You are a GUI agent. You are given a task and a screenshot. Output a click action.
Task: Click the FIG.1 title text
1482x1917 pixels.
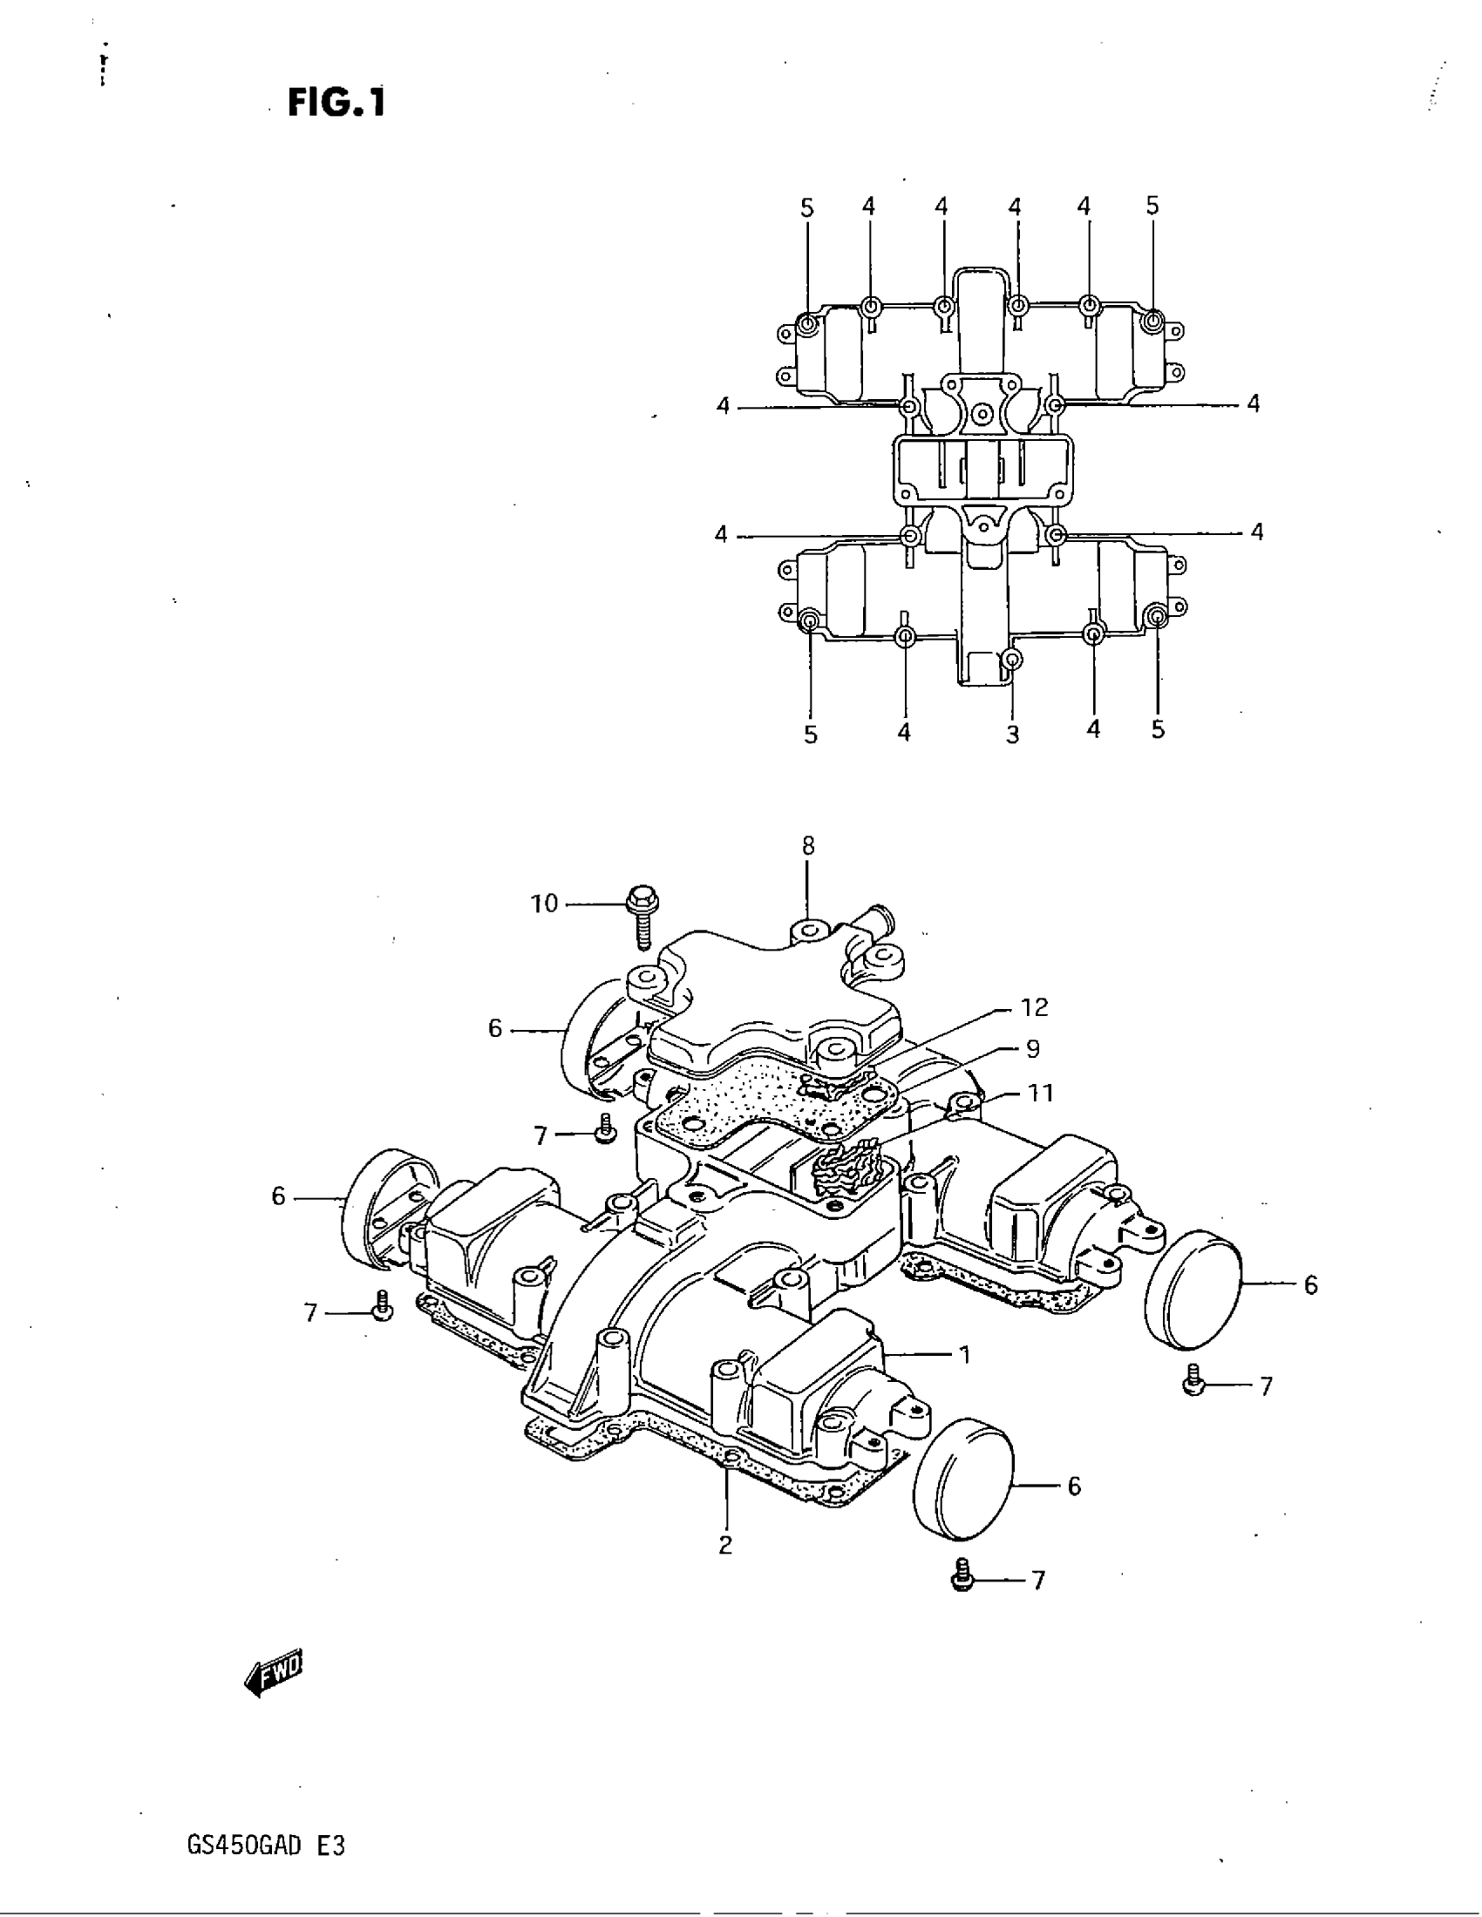pyautogui.click(x=337, y=104)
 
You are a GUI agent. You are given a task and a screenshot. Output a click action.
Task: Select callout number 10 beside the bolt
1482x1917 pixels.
pyautogui.click(x=544, y=904)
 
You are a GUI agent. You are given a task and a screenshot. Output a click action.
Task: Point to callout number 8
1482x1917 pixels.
pyautogui.click(x=808, y=846)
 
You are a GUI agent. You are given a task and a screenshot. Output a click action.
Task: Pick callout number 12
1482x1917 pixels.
pyautogui.click(x=1035, y=1006)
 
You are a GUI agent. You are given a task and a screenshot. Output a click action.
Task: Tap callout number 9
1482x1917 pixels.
pyautogui.click(x=1032, y=1048)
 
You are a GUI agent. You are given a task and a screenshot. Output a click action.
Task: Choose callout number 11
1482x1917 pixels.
pyautogui.click(x=1040, y=1093)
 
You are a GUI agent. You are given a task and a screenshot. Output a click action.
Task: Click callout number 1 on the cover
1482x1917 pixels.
pyautogui.click(x=964, y=1355)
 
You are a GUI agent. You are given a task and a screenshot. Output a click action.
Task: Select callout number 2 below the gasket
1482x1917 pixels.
pyautogui.click(x=725, y=1545)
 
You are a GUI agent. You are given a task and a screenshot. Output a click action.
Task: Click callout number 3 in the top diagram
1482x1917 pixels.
pyautogui.click(x=1012, y=735)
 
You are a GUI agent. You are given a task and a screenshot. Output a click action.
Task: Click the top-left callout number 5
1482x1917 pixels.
pyautogui.click(x=807, y=208)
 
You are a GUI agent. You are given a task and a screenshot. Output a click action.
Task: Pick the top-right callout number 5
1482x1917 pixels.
pyautogui.click(x=1152, y=207)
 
